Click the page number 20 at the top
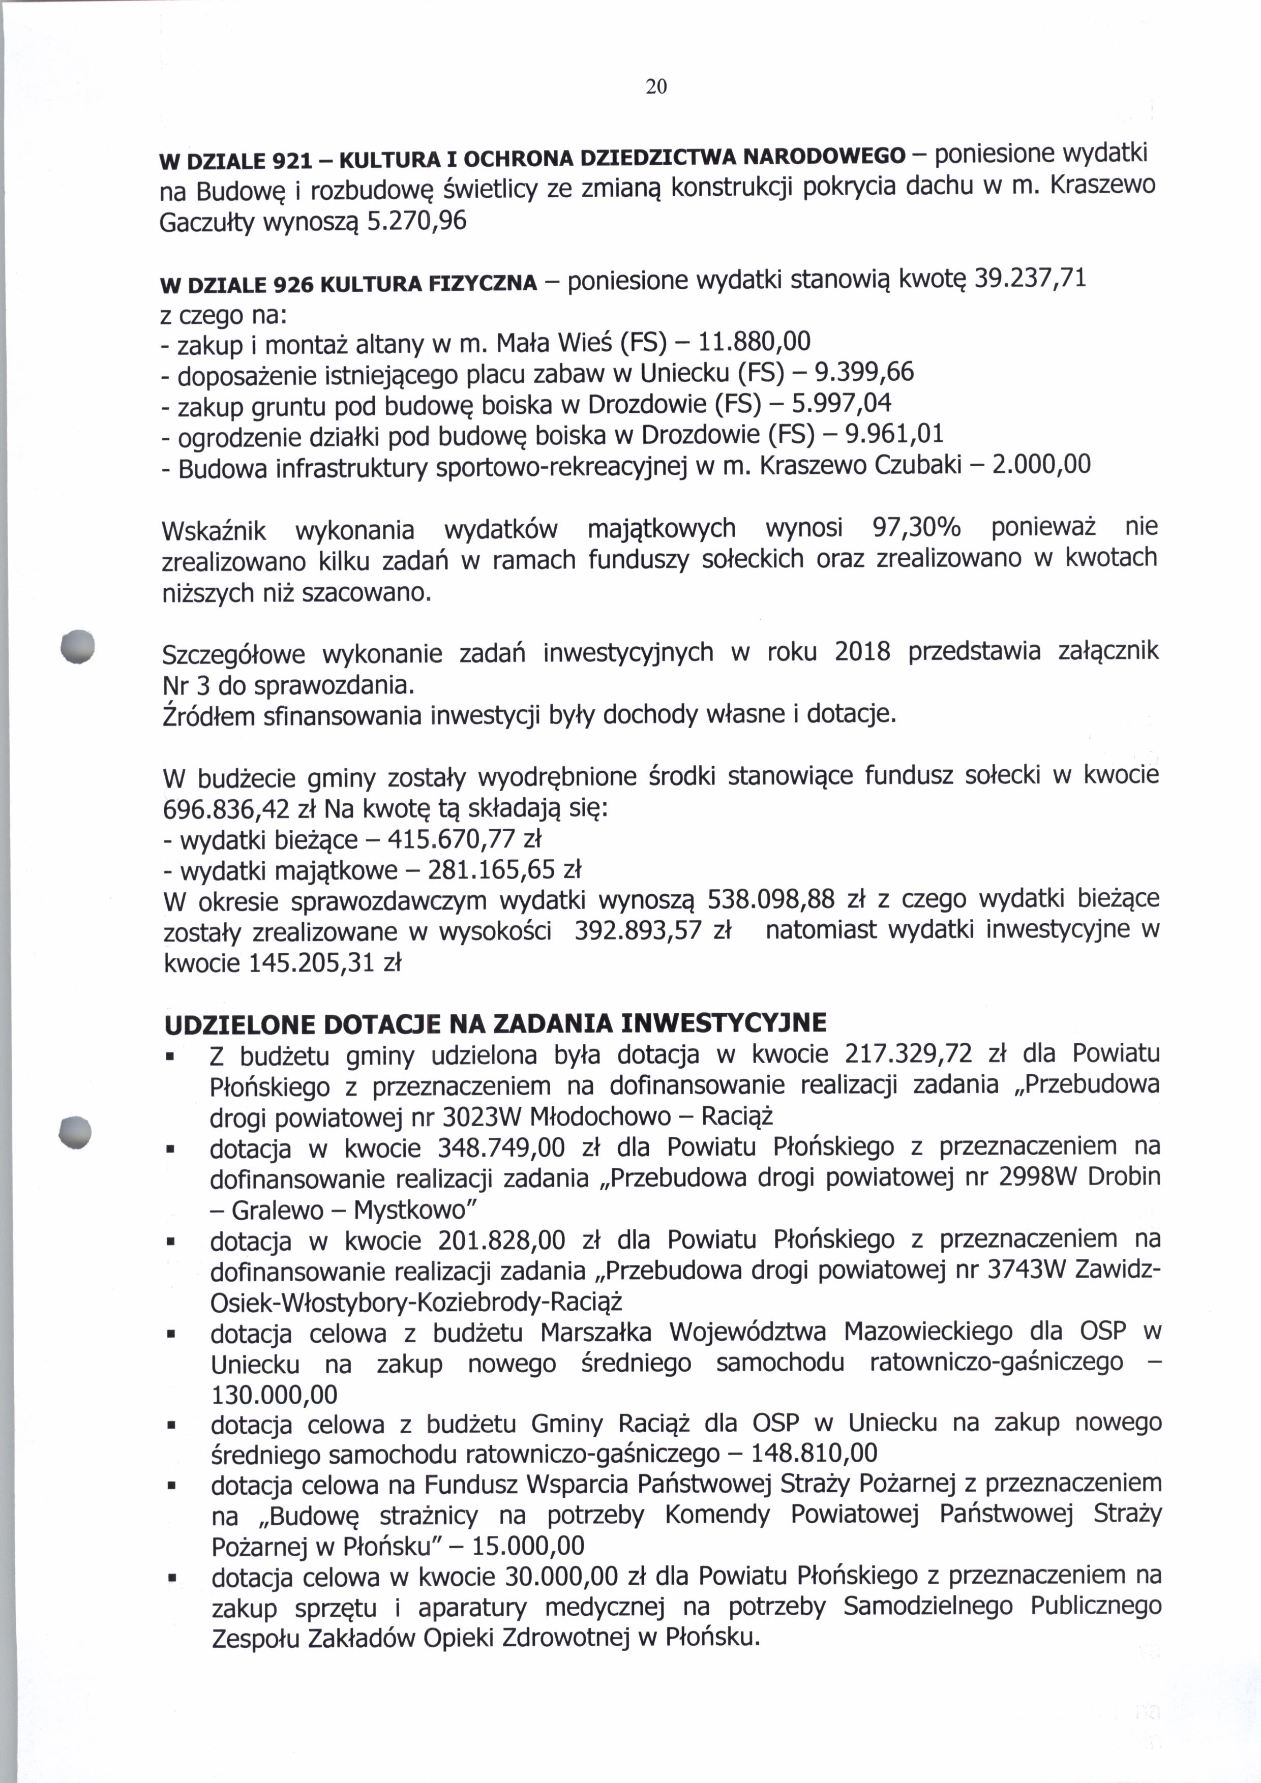(x=656, y=87)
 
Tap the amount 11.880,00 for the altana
(x=755, y=341)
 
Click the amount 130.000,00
(x=275, y=1395)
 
